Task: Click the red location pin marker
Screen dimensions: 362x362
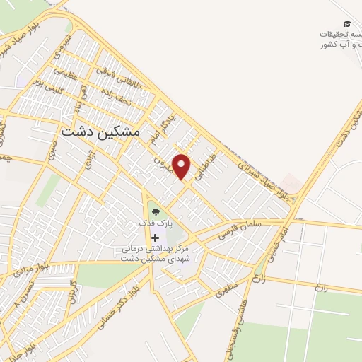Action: [x=182, y=165]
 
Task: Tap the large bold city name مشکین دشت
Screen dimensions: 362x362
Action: [x=101, y=132]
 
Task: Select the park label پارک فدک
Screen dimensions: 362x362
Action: [x=155, y=223]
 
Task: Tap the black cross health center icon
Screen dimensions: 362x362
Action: [x=155, y=238]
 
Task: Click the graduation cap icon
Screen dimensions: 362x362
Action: [x=346, y=23]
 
